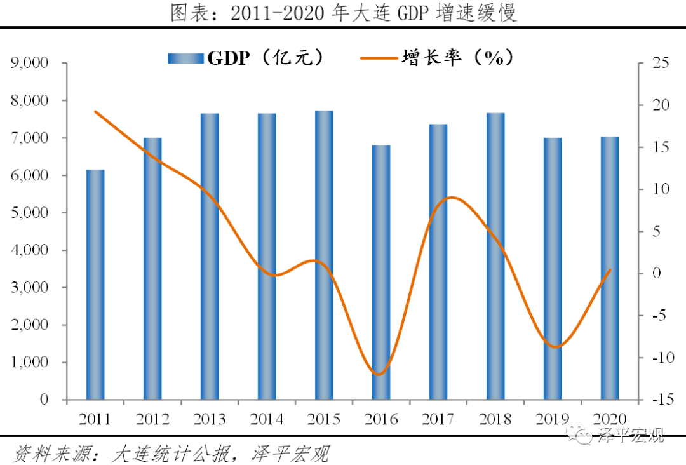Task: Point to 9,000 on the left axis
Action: (29, 64)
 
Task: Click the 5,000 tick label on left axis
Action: (29, 213)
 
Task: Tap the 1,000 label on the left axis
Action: (29, 363)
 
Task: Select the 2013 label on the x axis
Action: (210, 419)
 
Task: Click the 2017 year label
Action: (438, 419)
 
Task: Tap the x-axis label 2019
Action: (553, 419)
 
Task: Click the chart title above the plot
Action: (343, 13)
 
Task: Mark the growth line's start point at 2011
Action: (95, 111)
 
